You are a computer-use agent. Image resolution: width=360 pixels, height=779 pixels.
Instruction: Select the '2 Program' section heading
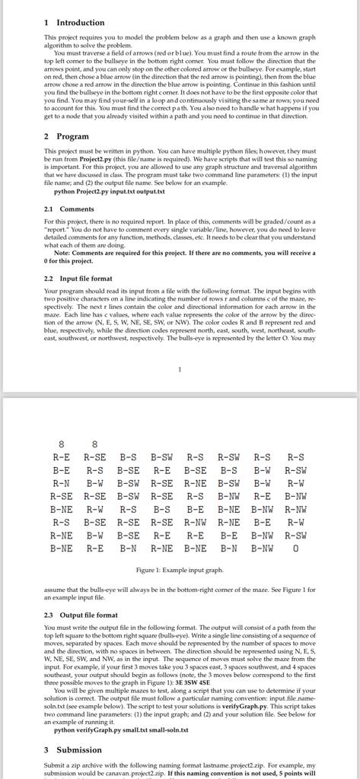tap(66, 136)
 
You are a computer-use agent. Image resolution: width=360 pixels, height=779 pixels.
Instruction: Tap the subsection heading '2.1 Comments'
tap(69, 209)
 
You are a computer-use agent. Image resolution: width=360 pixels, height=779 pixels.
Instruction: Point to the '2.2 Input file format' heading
tap(80, 279)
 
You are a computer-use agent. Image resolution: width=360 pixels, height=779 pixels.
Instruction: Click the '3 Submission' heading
tap(73, 749)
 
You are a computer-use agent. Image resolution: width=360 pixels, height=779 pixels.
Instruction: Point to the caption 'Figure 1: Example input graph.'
tap(179, 570)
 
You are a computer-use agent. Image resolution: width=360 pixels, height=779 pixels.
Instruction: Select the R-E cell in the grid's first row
tap(62, 457)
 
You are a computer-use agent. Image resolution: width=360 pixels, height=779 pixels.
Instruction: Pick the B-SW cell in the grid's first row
tap(161, 457)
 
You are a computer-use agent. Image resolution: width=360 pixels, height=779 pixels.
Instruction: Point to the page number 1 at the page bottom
tap(179, 370)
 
